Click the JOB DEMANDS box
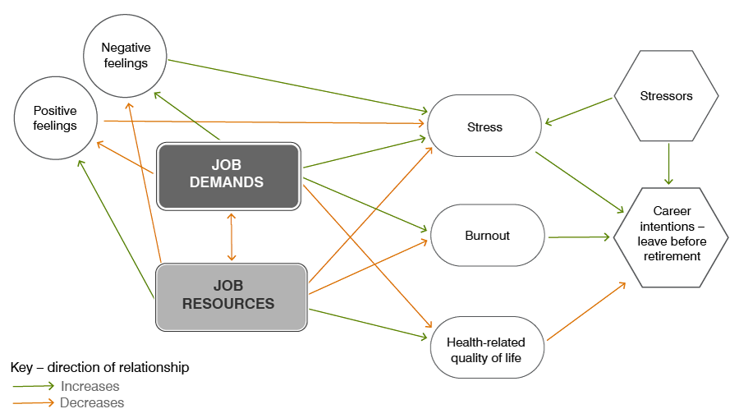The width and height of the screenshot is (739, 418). (227, 176)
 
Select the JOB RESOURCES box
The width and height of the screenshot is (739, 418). (231, 296)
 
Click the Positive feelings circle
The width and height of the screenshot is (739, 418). (56, 118)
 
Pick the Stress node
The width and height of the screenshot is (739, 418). (484, 126)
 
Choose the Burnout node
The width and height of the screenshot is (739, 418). (487, 236)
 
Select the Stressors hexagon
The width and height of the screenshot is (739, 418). (666, 96)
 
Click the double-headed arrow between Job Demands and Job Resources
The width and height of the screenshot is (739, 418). (232, 237)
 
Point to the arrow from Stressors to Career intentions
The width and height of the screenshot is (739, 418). (669, 164)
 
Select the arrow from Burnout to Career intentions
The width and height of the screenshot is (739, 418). (581, 237)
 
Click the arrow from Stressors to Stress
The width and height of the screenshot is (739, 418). (579, 112)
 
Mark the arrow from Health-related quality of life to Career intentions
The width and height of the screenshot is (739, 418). (585, 312)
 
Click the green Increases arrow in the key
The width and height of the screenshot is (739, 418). (34, 386)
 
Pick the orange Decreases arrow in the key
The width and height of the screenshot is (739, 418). (34, 403)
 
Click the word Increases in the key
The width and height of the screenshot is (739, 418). (90, 386)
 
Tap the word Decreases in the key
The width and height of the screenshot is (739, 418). (92, 403)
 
